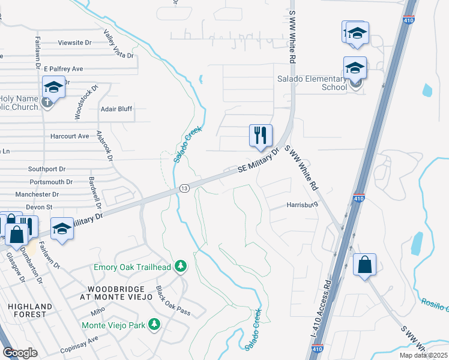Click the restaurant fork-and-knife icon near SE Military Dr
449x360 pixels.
pos(261,135)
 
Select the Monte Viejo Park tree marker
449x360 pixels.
pos(155,325)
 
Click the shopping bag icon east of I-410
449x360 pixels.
pos(364,265)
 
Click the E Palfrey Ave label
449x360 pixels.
pos(63,69)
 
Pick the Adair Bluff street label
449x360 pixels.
pos(116,109)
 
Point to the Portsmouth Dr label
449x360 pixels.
pos(51,181)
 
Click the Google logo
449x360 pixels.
pos(20,353)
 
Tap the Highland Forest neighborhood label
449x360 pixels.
pos(27,310)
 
